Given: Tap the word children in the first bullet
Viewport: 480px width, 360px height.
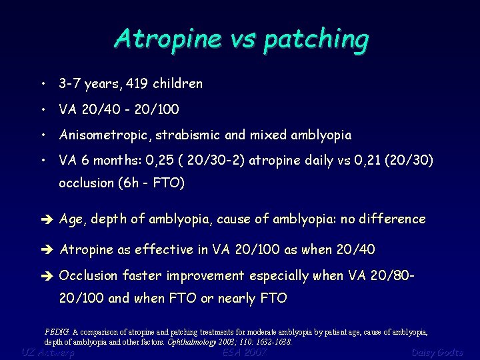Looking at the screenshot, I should pos(177,84).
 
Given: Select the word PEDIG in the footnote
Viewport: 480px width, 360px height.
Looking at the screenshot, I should pos(57,331).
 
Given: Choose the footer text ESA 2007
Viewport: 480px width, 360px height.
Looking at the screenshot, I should pos(244,352).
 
